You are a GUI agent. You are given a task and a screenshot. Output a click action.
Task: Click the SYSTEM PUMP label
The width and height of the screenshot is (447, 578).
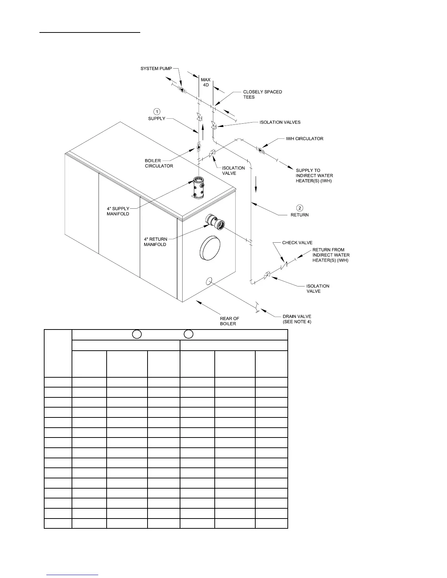point(156,69)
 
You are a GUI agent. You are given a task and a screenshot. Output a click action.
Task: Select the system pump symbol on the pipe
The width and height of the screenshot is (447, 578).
point(182,89)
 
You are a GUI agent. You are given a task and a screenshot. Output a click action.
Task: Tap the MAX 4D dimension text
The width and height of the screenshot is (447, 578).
point(206,82)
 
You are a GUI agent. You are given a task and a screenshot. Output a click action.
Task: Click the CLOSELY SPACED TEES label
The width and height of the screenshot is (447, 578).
point(263,94)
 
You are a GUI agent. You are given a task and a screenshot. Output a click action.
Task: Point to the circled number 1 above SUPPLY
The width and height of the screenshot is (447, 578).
point(157,111)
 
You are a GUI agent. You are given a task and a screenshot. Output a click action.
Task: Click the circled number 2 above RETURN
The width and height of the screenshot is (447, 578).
point(299,208)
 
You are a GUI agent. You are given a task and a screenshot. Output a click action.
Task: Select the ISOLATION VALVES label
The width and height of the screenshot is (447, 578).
point(280,122)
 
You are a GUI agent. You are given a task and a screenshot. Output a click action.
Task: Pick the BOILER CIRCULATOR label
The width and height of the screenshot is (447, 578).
point(159,163)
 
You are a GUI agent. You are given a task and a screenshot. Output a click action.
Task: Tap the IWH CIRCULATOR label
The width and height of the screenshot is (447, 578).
point(305,139)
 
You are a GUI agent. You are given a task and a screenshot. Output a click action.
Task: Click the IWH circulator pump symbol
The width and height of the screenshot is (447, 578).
point(260,150)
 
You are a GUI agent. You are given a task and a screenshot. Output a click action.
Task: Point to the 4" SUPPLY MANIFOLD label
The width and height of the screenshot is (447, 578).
point(118,211)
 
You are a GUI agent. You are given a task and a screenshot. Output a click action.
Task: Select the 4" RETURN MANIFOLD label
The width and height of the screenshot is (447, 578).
point(155,242)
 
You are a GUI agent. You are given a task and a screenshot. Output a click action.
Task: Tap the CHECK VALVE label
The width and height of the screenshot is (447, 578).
point(297,243)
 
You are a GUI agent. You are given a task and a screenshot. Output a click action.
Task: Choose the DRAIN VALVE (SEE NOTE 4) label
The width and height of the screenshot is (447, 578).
point(297,319)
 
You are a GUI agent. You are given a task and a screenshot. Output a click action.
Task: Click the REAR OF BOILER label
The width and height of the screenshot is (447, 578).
point(229,321)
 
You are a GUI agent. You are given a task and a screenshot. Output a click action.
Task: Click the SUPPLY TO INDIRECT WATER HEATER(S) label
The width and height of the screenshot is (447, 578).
point(314,176)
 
